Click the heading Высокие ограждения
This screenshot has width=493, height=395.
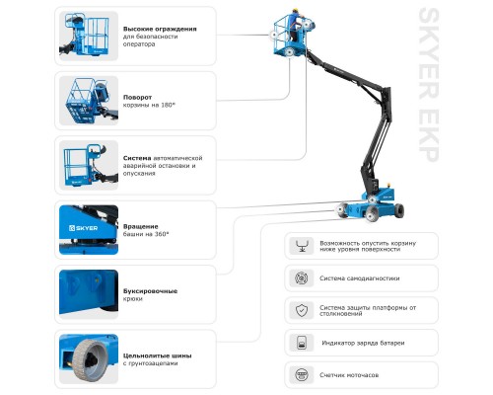[160, 29]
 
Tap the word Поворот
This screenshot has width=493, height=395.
[137, 98]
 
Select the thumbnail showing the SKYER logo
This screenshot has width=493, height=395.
[89, 230]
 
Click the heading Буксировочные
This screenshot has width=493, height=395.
[150, 291]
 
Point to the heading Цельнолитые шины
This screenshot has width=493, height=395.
[157, 355]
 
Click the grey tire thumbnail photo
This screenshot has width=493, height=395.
[89, 358]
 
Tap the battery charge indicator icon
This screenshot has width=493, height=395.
[302, 343]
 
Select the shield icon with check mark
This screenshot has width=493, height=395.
[302, 310]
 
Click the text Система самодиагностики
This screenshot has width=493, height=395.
[360, 278]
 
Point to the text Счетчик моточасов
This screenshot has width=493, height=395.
[349, 375]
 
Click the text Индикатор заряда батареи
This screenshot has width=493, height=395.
[363, 343]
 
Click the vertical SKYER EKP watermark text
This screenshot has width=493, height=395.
[428, 85]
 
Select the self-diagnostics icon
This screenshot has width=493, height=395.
[302, 278]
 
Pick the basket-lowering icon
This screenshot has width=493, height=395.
[302, 246]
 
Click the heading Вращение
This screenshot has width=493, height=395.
[140, 226]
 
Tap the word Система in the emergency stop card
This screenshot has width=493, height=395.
[137, 158]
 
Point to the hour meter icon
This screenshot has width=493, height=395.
[302, 375]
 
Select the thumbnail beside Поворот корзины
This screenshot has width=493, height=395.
[89, 101]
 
